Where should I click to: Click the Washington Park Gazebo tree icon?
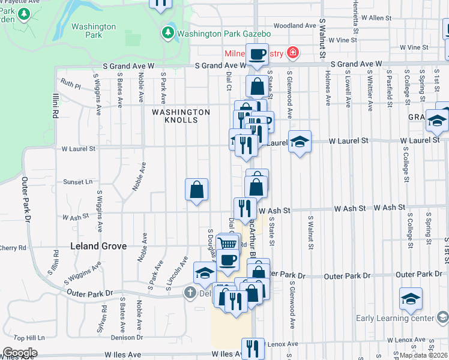[169, 33]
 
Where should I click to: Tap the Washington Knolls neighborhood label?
[181, 116]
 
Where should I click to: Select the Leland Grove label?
[98, 246]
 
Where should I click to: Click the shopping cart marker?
[226, 244]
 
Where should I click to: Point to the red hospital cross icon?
[292, 53]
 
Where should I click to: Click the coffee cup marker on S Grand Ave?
[257, 54]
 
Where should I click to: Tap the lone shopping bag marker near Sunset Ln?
[197, 190]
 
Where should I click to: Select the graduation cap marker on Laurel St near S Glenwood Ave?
[300, 142]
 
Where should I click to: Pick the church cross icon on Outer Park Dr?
[190, 293]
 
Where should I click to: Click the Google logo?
[20, 352]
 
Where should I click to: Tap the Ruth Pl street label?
[70, 84]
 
